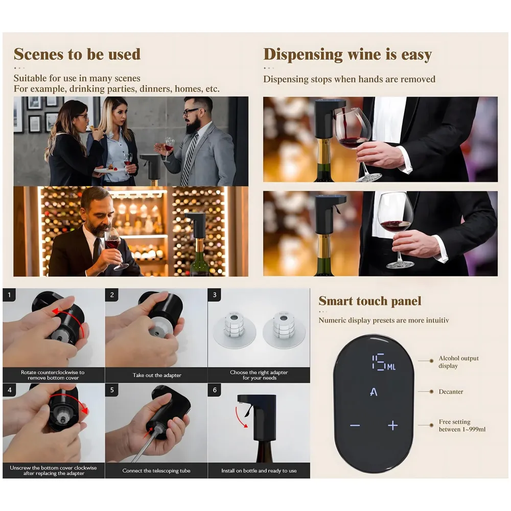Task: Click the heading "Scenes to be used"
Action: click(x=77, y=54)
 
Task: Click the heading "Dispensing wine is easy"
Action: click(x=347, y=55)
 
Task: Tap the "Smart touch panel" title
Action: click(x=370, y=301)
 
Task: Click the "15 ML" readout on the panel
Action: click(x=383, y=363)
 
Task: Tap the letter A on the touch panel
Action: click(x=374, y=392)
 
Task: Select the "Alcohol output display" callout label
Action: click(x=458, y=362)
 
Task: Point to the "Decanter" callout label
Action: click(x=451, y=391)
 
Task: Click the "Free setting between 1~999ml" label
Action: click(x=461, y=425)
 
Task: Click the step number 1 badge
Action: click(x=10, y=295)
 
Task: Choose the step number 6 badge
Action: click(x=215, y=390)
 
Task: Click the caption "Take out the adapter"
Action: click(x=157, y=375)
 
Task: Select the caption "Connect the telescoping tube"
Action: click(x=156, y=471)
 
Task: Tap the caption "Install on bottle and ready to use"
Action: click(x=259, y=471)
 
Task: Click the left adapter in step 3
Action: click(x=234, y=330)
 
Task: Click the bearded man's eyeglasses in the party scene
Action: click(x=191, y=111)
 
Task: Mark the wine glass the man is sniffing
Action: click(x=113, y=243)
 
